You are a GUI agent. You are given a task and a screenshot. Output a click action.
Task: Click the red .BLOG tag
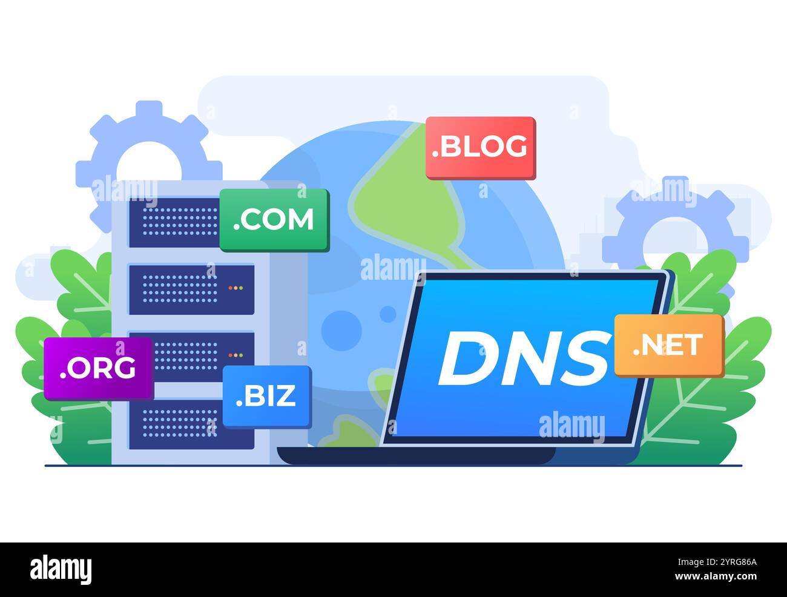(x=481, y=147)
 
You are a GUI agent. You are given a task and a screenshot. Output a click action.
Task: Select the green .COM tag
(x=274, y=219)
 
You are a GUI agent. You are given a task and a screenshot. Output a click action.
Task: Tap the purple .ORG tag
(x=98, y=368)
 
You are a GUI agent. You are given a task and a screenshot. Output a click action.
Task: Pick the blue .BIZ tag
(x=266, y=396)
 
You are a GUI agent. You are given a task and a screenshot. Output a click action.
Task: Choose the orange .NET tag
(x=669, y=345)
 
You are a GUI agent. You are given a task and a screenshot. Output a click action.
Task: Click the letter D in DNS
(x=466, y=359)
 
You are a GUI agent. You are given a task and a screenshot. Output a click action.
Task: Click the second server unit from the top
(x=191, y=289)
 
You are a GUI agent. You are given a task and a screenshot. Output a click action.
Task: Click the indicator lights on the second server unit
(x=235, y=288)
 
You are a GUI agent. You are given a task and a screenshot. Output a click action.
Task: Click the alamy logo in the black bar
(x=61, y=569)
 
